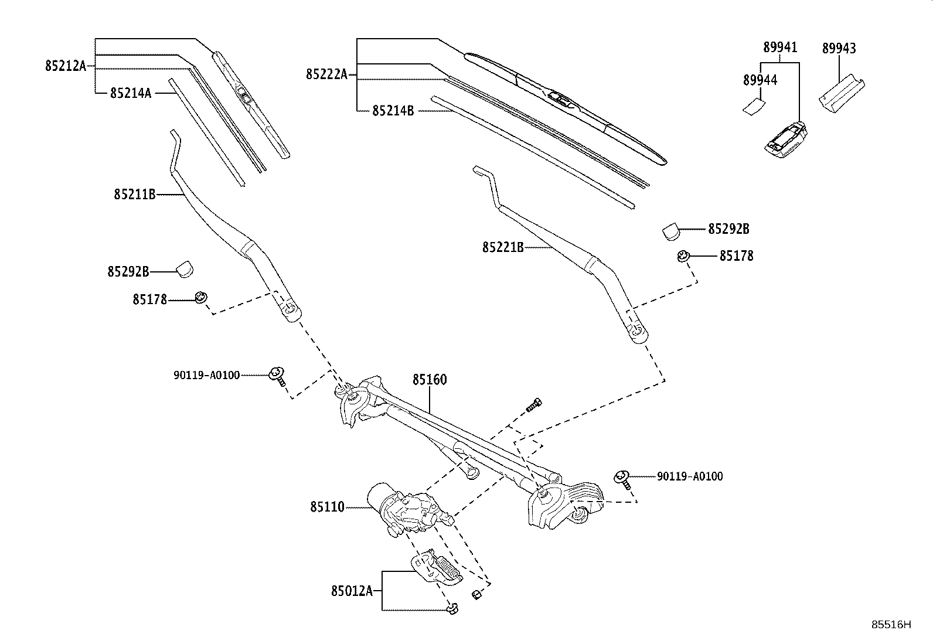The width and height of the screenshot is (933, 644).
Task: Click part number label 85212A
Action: point(65,66)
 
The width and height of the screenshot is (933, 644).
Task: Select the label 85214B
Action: point(393,110)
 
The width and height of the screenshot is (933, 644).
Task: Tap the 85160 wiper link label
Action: point(429,380)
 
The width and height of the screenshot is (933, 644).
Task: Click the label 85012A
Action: point(352,591)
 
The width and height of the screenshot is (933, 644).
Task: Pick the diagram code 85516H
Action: point(891,625)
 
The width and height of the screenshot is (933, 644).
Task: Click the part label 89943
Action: point(839,49)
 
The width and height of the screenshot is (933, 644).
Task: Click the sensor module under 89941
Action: point(785,139)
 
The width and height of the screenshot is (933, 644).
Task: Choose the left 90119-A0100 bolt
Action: point(277,375)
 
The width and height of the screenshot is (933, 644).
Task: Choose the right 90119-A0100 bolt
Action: point(622,479)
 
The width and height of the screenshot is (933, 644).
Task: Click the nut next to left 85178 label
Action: point(200,297)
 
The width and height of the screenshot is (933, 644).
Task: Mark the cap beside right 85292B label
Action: point(671,230)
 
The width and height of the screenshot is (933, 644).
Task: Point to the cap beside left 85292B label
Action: point(185,268)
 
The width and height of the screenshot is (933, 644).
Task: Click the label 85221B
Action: point(503,248)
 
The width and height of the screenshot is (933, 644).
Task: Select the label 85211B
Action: point(134,194)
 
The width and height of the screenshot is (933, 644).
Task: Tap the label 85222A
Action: point(326,74)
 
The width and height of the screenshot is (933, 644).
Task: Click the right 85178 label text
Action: point(736,256)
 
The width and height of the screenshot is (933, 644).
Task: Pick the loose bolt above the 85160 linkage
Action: point(533,404)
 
